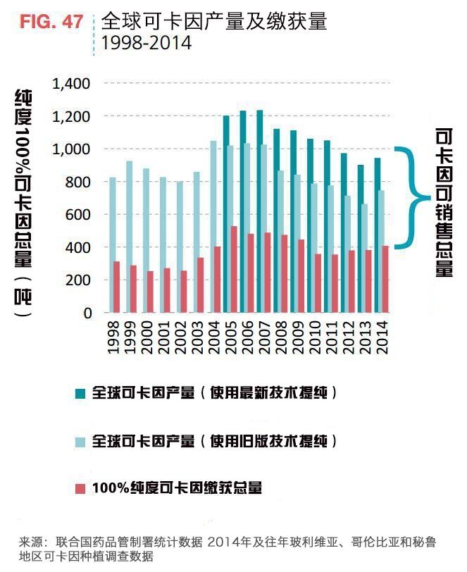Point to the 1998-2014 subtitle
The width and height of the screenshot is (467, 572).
click(147, 43)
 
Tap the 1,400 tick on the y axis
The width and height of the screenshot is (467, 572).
click(71, 84)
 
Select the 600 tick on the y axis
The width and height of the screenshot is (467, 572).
click(78, 214)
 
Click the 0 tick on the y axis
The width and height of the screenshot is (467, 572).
click(86, 313)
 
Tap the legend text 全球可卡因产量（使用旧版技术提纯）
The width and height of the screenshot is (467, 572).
click(215, 442)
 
